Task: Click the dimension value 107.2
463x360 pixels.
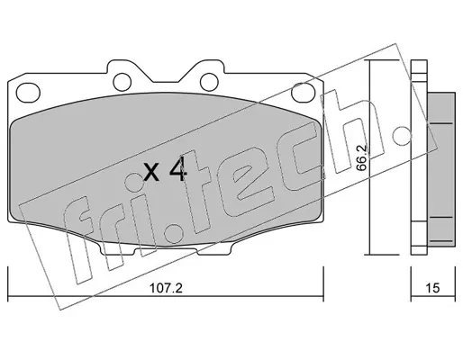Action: pos(166,289)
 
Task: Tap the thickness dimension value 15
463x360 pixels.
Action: pos(432,288)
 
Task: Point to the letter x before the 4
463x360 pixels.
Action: pos(151,172)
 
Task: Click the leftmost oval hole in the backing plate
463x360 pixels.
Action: pos(28,93)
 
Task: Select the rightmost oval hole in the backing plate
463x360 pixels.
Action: pos(304,93)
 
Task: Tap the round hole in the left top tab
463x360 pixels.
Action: pos(123,82)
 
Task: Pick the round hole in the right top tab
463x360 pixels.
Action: pos(209,82)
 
